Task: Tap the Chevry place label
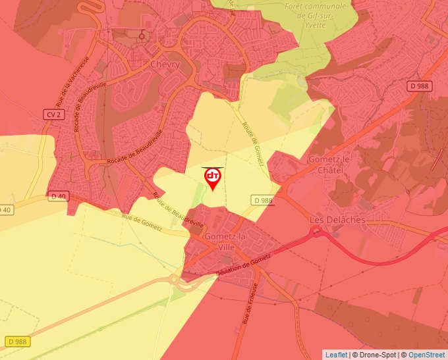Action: coord(165,64)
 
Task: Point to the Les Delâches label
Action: coord(338,219)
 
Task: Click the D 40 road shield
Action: coord(58,196)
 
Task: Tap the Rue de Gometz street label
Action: coord(142,221)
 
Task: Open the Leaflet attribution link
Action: coord(336,355)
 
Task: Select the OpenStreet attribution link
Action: coord(427,355)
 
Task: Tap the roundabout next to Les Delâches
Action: coord(316,230)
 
